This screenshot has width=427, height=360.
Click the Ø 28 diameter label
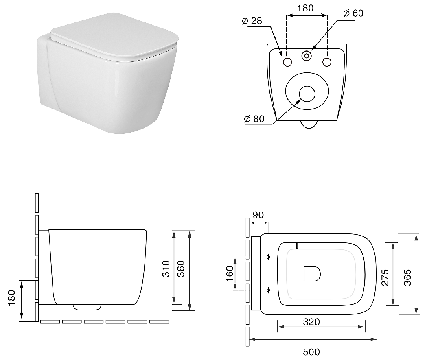(x=252, y=21)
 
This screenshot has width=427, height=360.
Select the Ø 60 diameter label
(x=353, y=13)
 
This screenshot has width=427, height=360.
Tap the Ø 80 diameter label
(x=254, y=119)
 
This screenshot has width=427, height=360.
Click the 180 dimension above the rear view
(x=305, y=8)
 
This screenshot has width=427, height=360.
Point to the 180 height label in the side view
(x=11, y=298)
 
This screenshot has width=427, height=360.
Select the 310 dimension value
(x=166, y=268)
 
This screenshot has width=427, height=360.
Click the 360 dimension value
(x=181, y=268)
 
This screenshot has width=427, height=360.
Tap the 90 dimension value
(x=258, y=215)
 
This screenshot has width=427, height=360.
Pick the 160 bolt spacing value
(x=230, y=274)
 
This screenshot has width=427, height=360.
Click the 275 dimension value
(x=385, y=277)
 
